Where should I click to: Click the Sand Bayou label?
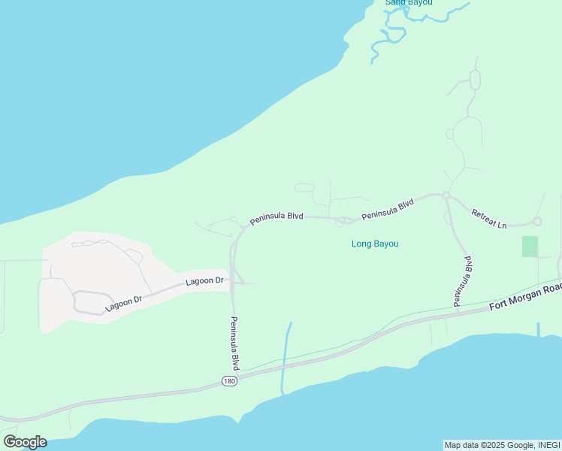409,3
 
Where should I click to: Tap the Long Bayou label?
375,244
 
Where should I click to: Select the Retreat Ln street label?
489,219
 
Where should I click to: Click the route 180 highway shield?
230,382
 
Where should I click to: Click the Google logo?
25,442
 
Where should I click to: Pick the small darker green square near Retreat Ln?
530,247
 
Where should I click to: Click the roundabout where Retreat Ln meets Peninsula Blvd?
446,195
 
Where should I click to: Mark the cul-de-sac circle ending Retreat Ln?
537,222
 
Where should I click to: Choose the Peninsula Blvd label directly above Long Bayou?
388,210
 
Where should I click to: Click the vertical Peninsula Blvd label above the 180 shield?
235,342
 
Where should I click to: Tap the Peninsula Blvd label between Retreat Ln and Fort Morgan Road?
463,281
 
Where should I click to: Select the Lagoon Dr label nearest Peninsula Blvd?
205,281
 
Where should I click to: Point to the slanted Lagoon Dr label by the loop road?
123,303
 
